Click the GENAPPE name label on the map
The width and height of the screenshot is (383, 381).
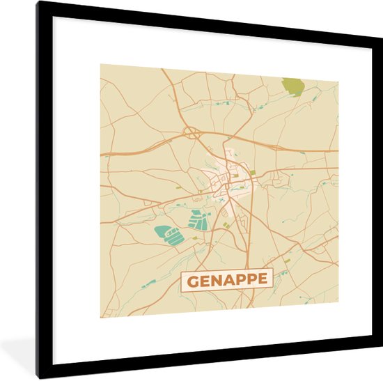226,280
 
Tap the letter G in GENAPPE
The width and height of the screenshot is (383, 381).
191,281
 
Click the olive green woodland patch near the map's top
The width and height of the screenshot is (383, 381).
293,87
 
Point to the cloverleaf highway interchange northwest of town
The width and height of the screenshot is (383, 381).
189,132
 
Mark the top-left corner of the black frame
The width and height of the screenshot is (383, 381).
39,3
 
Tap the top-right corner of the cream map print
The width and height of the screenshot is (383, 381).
338,81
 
